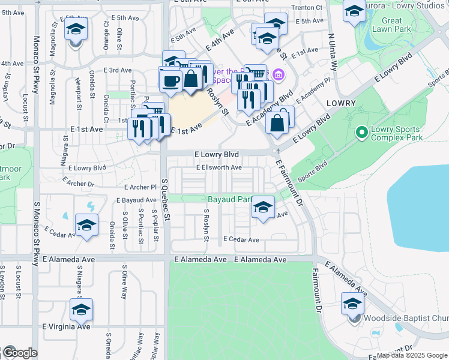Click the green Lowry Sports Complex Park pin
(x=361, y=131)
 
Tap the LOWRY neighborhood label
(x=342, y=103)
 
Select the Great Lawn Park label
(x=391, y=25)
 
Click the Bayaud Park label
(x=229, y=199)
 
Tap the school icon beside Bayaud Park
(x=262, y=208)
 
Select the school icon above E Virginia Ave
(x=81, y=310)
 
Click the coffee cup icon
(x=170, y=80)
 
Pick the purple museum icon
(x=278, y=75)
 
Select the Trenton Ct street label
(x=307, y=8)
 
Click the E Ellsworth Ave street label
(x=218, y=167)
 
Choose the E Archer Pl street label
(x=140, y=187)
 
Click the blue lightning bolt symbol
(x=91, y=206)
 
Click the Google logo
(x=19, y=353)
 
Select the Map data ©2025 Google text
(x=412, y=355)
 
